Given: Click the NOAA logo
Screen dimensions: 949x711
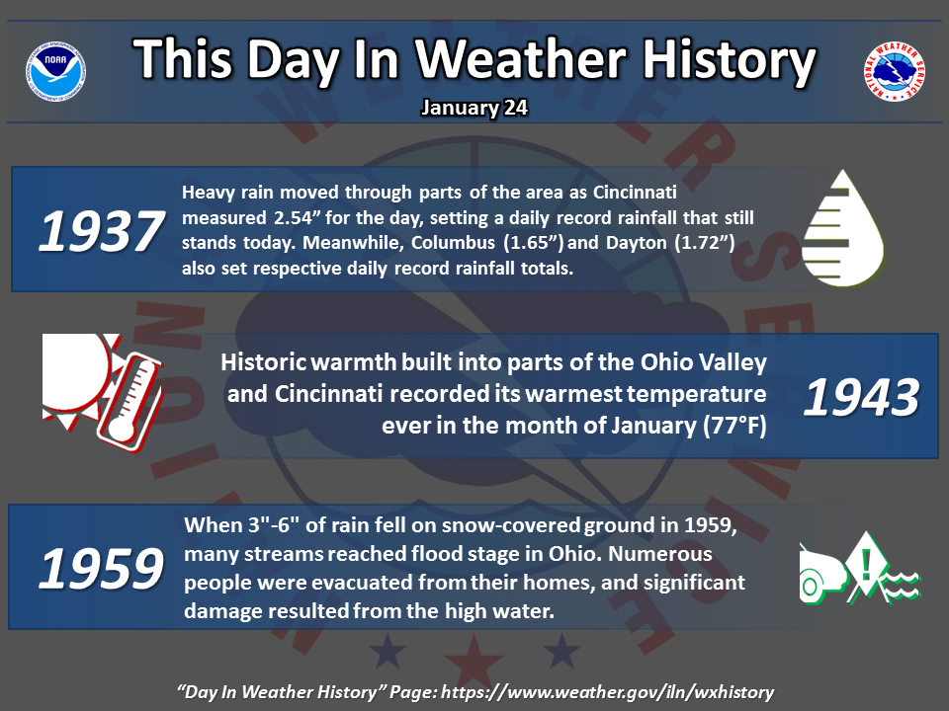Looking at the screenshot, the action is pos(55,71).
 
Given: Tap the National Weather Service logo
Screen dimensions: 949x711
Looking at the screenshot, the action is pos(894,71).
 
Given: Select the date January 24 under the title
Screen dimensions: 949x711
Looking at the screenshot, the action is pos(474,108).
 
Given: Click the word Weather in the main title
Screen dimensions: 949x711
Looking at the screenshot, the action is pos(521,59).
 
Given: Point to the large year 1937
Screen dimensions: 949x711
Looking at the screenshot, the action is pos(101,231).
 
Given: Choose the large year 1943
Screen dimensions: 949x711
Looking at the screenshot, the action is pos(861,397).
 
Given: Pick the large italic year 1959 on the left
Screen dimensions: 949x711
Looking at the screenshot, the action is pos(101,569).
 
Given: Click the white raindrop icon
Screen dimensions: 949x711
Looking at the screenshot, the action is pos(843,228).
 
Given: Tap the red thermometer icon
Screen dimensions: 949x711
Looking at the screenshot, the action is pos(129,402).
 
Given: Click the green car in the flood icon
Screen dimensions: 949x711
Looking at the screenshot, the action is pos(821,575).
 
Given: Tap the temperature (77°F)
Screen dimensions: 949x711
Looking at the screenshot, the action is pos(734,426).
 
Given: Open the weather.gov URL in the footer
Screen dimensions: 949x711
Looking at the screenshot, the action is pos(608,692).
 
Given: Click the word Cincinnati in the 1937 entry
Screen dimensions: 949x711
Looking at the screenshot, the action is pos(635,193).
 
